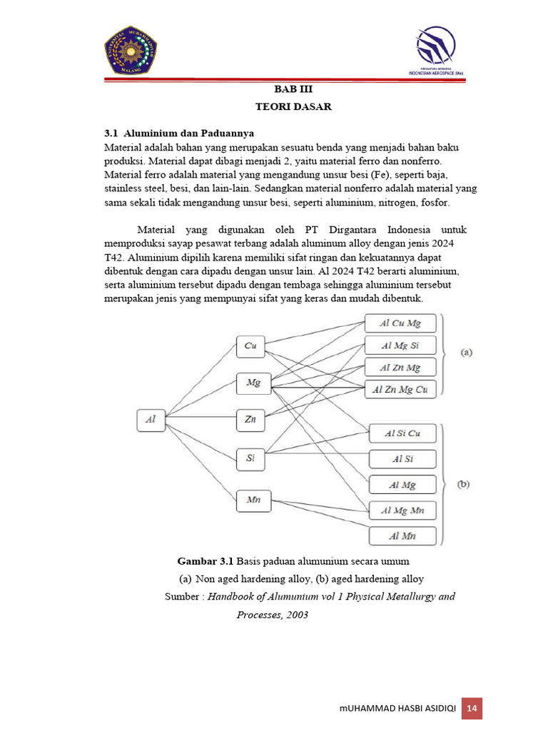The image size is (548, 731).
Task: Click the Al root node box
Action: point(151,420)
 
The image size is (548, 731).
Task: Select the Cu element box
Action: point(250,346)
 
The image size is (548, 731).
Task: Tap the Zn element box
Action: point(250,420)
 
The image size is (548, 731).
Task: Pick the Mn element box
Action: point(253,500)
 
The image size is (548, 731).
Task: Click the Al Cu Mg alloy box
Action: point(400,323)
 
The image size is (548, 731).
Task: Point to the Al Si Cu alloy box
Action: point(402,433)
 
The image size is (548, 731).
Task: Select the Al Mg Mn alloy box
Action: point(402,510)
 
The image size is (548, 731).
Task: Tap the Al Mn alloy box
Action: point(402,536)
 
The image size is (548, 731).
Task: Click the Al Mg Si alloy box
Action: point(400,346)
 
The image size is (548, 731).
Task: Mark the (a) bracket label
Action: point(467,353)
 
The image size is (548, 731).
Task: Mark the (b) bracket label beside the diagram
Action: point(464,484)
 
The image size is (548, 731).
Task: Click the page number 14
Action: point(472,708)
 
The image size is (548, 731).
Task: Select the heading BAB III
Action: point(294,89)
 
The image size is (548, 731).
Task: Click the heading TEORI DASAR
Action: point(294,106)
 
